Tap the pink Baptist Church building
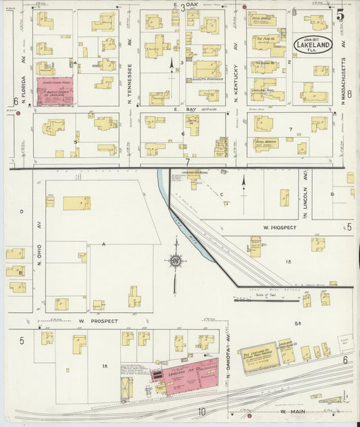[55, 91]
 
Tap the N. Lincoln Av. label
[305, 203]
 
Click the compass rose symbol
[176, 260]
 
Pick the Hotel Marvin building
[267, 143]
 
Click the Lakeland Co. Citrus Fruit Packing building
[257, 356]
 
